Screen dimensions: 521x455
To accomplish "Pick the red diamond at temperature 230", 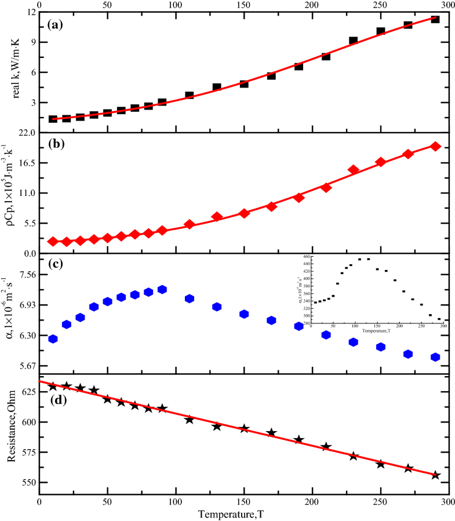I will [353, 170].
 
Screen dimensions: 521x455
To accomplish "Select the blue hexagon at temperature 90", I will [162, 289].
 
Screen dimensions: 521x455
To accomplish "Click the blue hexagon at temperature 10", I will [53, 339].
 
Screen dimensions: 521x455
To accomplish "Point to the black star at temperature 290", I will [435, 475].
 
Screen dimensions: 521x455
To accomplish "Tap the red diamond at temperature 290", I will [435, 147].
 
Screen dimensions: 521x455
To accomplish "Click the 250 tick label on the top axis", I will [380, 4].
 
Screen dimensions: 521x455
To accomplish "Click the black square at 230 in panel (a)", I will [353, 41].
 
